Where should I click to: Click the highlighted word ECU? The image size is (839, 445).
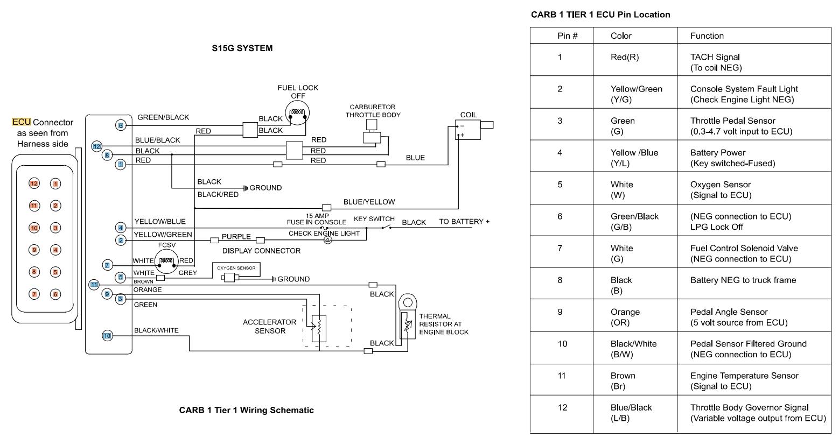click(x=21, y=122)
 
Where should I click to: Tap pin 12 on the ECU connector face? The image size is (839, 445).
click(x=34, y=183)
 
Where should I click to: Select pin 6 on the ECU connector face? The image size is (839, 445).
click(x=55, y=294)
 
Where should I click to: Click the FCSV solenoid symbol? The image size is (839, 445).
click(x=166, y=262)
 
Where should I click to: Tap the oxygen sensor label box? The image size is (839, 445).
click(x=236, y=267)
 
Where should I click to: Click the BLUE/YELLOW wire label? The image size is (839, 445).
click(x=369, y=202)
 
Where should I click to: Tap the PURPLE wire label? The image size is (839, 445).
click(x=236, y=236)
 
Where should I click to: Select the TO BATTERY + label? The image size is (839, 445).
click(x=464, y=222)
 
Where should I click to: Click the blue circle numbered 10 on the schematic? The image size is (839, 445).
click(x=107, y=336)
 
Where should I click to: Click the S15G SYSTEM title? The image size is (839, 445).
click(x=242, y=48)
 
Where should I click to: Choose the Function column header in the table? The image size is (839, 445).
click(x=707, y=36)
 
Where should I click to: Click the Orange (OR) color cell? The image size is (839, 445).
click(x=625, y=317)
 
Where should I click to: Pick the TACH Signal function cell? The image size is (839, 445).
click(x=715, y=62)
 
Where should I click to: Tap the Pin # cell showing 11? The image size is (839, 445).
click(x=562, y=376)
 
